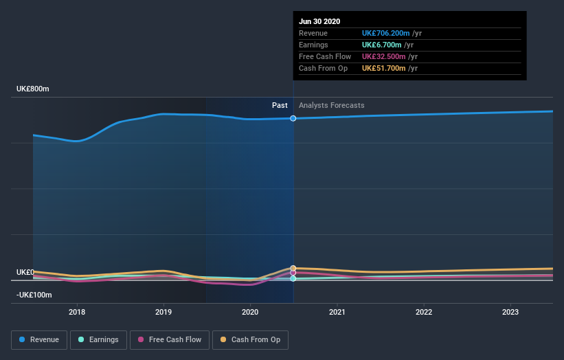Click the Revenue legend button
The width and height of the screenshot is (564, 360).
39,339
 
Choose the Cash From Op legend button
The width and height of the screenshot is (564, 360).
251,339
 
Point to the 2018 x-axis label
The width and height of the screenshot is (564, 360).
77,312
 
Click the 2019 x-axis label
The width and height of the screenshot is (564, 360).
163,312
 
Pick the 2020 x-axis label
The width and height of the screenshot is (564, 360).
250,312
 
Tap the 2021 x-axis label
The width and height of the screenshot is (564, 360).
337,312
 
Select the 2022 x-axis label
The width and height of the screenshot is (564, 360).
424,312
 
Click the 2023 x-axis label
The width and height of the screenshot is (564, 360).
510,312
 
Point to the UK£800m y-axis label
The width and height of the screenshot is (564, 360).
33,89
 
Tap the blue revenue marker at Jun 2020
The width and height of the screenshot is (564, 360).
293,118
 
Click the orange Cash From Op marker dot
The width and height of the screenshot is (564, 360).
293,268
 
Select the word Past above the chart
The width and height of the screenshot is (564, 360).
280,105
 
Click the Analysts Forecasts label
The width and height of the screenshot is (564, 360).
332,105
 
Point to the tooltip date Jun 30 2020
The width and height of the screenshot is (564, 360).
319,21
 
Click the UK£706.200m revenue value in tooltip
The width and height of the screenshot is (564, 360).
386,33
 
